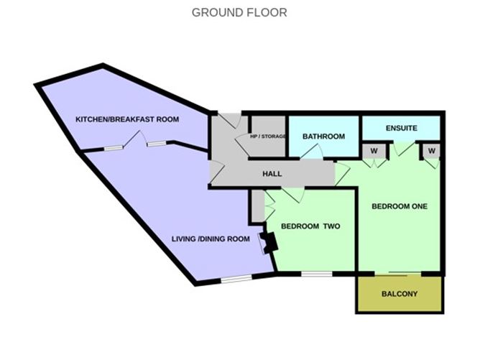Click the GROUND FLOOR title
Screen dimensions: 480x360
pyautogui.click(x=239, y=12)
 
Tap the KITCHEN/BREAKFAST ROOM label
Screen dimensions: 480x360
pyautogui.click(x=127, y=119)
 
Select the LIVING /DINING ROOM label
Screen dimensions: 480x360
pyautogui.click(x=211, y=239)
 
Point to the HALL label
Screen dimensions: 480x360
pyautogui.click(x=272, y=174)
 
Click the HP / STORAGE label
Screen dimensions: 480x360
pyautogui.click(x=268, y=137)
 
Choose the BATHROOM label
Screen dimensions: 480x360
pyautogui.click(x=323, y=137)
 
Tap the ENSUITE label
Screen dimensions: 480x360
pyautogui.click(x=402, y=128)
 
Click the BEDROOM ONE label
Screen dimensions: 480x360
pyautogui.click(x=400, y=206)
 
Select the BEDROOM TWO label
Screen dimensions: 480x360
pyautogui.click(x=310, y=226)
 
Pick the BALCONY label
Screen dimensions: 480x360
pyautogui.click(x=400, y=294)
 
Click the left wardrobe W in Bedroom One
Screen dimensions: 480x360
pyautogui.click(x=374, y=151)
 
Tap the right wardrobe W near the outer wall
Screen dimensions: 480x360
pyautogui.click(x=432, y=151)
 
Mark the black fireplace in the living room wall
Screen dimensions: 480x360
pyautogui.click(x=269, y=242)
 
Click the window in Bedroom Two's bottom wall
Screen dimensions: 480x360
pyautogui.click(x=317, y=274)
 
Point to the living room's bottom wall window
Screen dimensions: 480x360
pyautogui.click(x=236, y=279)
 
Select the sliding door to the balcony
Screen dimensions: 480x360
pyautogui.click(x=398, y=273)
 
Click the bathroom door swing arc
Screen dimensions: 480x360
pyautogui.click(x=313, y=151)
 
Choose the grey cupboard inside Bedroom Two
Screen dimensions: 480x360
pyautogui.click(x=259, y=206)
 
